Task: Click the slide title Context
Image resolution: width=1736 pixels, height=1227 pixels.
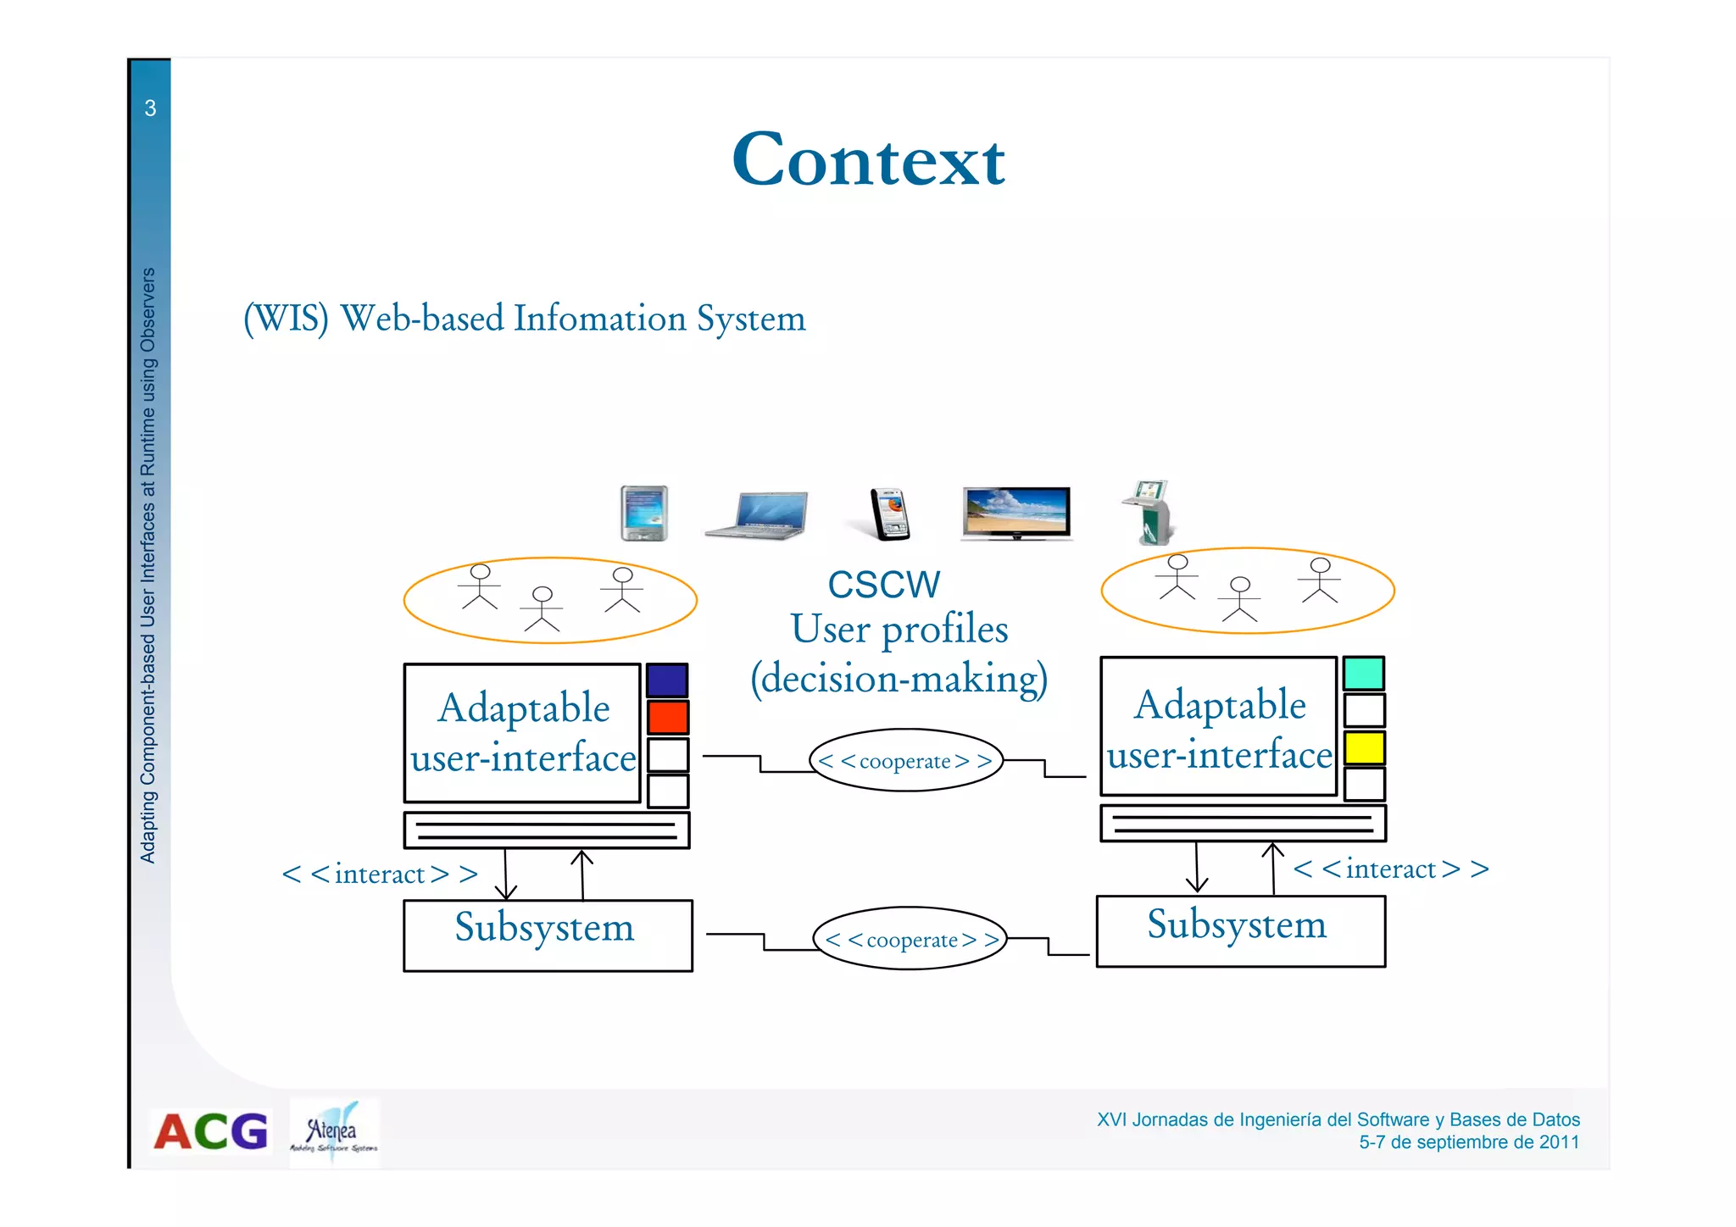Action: click(x=868, y=160)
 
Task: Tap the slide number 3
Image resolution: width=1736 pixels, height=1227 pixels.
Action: click(x=150, y=108)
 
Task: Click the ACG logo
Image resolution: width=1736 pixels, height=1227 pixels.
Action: click(x=210, y=1131)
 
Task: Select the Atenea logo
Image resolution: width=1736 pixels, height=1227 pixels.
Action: click(x=334, y=1133)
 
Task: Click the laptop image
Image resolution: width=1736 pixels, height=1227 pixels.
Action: click(x=757, y=514)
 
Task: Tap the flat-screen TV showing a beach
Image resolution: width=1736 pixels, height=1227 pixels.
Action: click(x=1016, y=513)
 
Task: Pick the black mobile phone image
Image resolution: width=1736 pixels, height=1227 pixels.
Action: click(x=890, y=514)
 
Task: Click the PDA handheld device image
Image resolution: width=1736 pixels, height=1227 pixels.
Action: click(x=644, y=513)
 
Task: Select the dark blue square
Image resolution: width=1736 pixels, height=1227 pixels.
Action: click(x=667, y=680)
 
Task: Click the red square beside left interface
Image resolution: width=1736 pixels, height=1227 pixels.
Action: click(x=668, y=717)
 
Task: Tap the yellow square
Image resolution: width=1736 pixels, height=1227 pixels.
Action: click(x=1364, y=747)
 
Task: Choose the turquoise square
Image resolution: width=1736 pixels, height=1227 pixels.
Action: click(x=1364, y=674)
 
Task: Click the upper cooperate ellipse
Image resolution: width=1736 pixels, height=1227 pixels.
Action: click(x=906, y=760)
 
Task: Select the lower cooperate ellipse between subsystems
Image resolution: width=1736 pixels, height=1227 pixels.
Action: click(x=910, y=939)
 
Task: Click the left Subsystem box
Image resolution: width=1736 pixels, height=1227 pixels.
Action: click(x=548, y=935)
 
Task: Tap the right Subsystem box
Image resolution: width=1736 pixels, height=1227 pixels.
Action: click(x=1240, y=931)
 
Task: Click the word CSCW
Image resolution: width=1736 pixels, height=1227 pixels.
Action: click(x=883, y=585)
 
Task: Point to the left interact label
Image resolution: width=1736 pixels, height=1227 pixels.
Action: click(x=380, y=874)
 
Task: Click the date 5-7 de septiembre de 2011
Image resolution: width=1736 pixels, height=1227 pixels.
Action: click(x=1469, y=1142)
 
